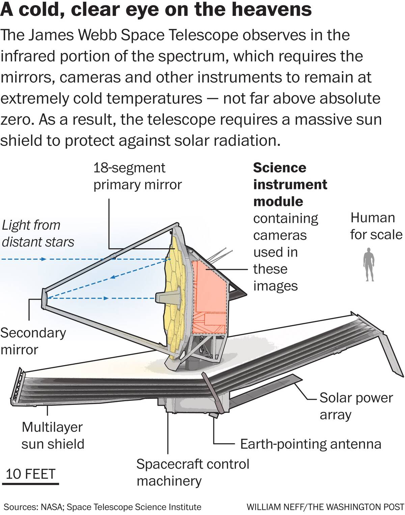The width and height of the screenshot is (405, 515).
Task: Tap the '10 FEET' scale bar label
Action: pos(31,474)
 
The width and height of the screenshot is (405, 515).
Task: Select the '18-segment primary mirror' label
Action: pos(137,176)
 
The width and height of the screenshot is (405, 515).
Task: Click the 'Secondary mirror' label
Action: pos(33,341)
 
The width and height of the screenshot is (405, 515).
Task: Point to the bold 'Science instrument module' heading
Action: pos(290,184)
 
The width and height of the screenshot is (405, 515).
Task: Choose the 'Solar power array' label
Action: pos(356,406)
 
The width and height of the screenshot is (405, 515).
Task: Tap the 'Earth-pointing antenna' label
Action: pos(310,444)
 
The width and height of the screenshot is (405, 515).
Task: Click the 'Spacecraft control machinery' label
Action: pos(193,472)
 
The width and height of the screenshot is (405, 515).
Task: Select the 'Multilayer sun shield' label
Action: pos(53,435)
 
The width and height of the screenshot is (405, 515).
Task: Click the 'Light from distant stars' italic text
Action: pos(38,233)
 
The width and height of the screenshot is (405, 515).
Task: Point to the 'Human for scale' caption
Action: pos(376,226)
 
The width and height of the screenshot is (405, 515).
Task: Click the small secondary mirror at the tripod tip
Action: pos(44,298)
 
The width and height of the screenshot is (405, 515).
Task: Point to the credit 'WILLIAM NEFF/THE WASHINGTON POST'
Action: pos(325,507)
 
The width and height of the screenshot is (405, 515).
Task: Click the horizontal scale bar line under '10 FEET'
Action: pos(32,484)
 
